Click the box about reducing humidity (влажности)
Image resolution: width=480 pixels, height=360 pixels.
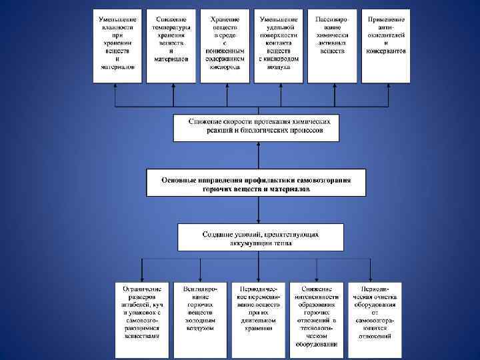click(x=117, y=45)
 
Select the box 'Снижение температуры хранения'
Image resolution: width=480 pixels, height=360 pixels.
click(x=171, y=45)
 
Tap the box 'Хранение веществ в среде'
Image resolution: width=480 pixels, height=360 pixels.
click(x=225, y=45)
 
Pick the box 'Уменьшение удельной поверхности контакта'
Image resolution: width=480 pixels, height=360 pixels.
click(x=279, y=45)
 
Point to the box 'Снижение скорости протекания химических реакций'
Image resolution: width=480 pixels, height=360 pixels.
click(x=256, y=127)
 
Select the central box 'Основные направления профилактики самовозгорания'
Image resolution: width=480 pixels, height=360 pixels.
click(x=257, y=183)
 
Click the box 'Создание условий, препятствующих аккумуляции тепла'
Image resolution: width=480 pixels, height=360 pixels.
click(x=261, y=238)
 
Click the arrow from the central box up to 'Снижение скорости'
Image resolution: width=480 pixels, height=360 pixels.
click(x=257, y=155)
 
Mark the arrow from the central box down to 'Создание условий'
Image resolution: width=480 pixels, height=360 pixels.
click(x=257, y=210)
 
